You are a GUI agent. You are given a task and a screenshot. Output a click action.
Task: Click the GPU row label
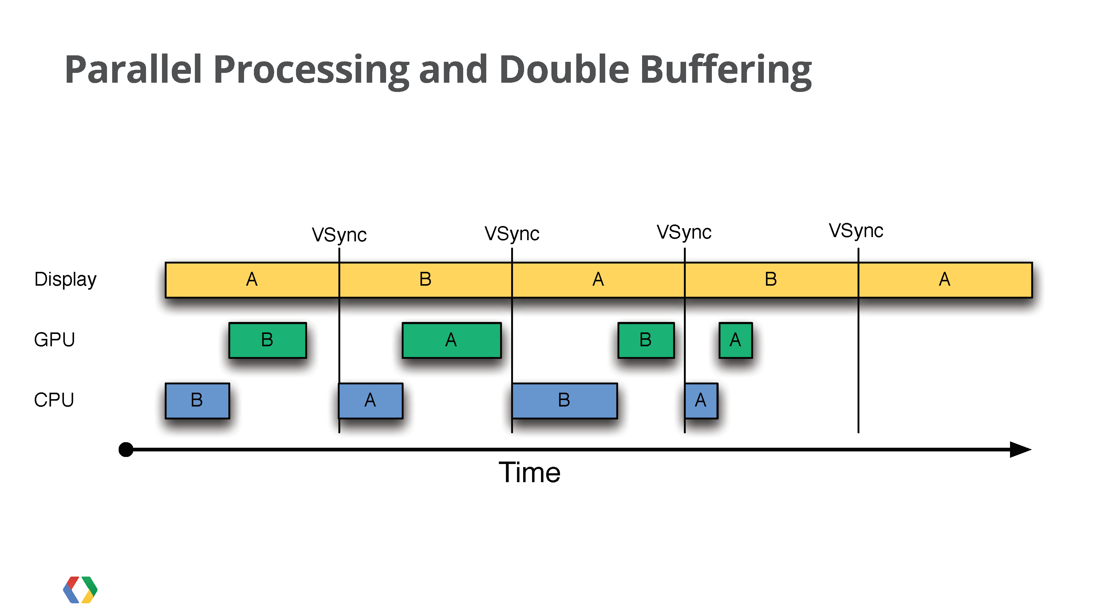pos(54,339)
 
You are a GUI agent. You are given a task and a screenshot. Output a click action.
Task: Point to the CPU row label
pos(54,400)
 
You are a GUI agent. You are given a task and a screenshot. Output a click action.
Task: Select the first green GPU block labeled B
pos(267,340)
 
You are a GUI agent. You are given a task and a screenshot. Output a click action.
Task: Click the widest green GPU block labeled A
pos(452,340)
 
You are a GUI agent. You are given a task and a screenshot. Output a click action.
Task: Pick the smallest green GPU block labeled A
pos(735,340)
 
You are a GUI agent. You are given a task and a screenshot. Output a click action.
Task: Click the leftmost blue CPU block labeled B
pos(197,401)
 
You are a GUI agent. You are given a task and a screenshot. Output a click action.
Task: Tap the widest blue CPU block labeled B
pos(564,401)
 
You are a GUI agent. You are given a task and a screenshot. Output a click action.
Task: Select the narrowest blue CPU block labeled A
pos(701,401)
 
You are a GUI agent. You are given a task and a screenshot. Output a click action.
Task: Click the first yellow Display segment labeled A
pos(252,280)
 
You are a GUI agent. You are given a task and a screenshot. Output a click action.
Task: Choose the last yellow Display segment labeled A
pos(945,280)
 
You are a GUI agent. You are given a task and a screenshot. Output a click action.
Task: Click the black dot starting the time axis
pos(126,450)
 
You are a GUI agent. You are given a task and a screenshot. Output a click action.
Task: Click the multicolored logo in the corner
pos(80,589)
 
